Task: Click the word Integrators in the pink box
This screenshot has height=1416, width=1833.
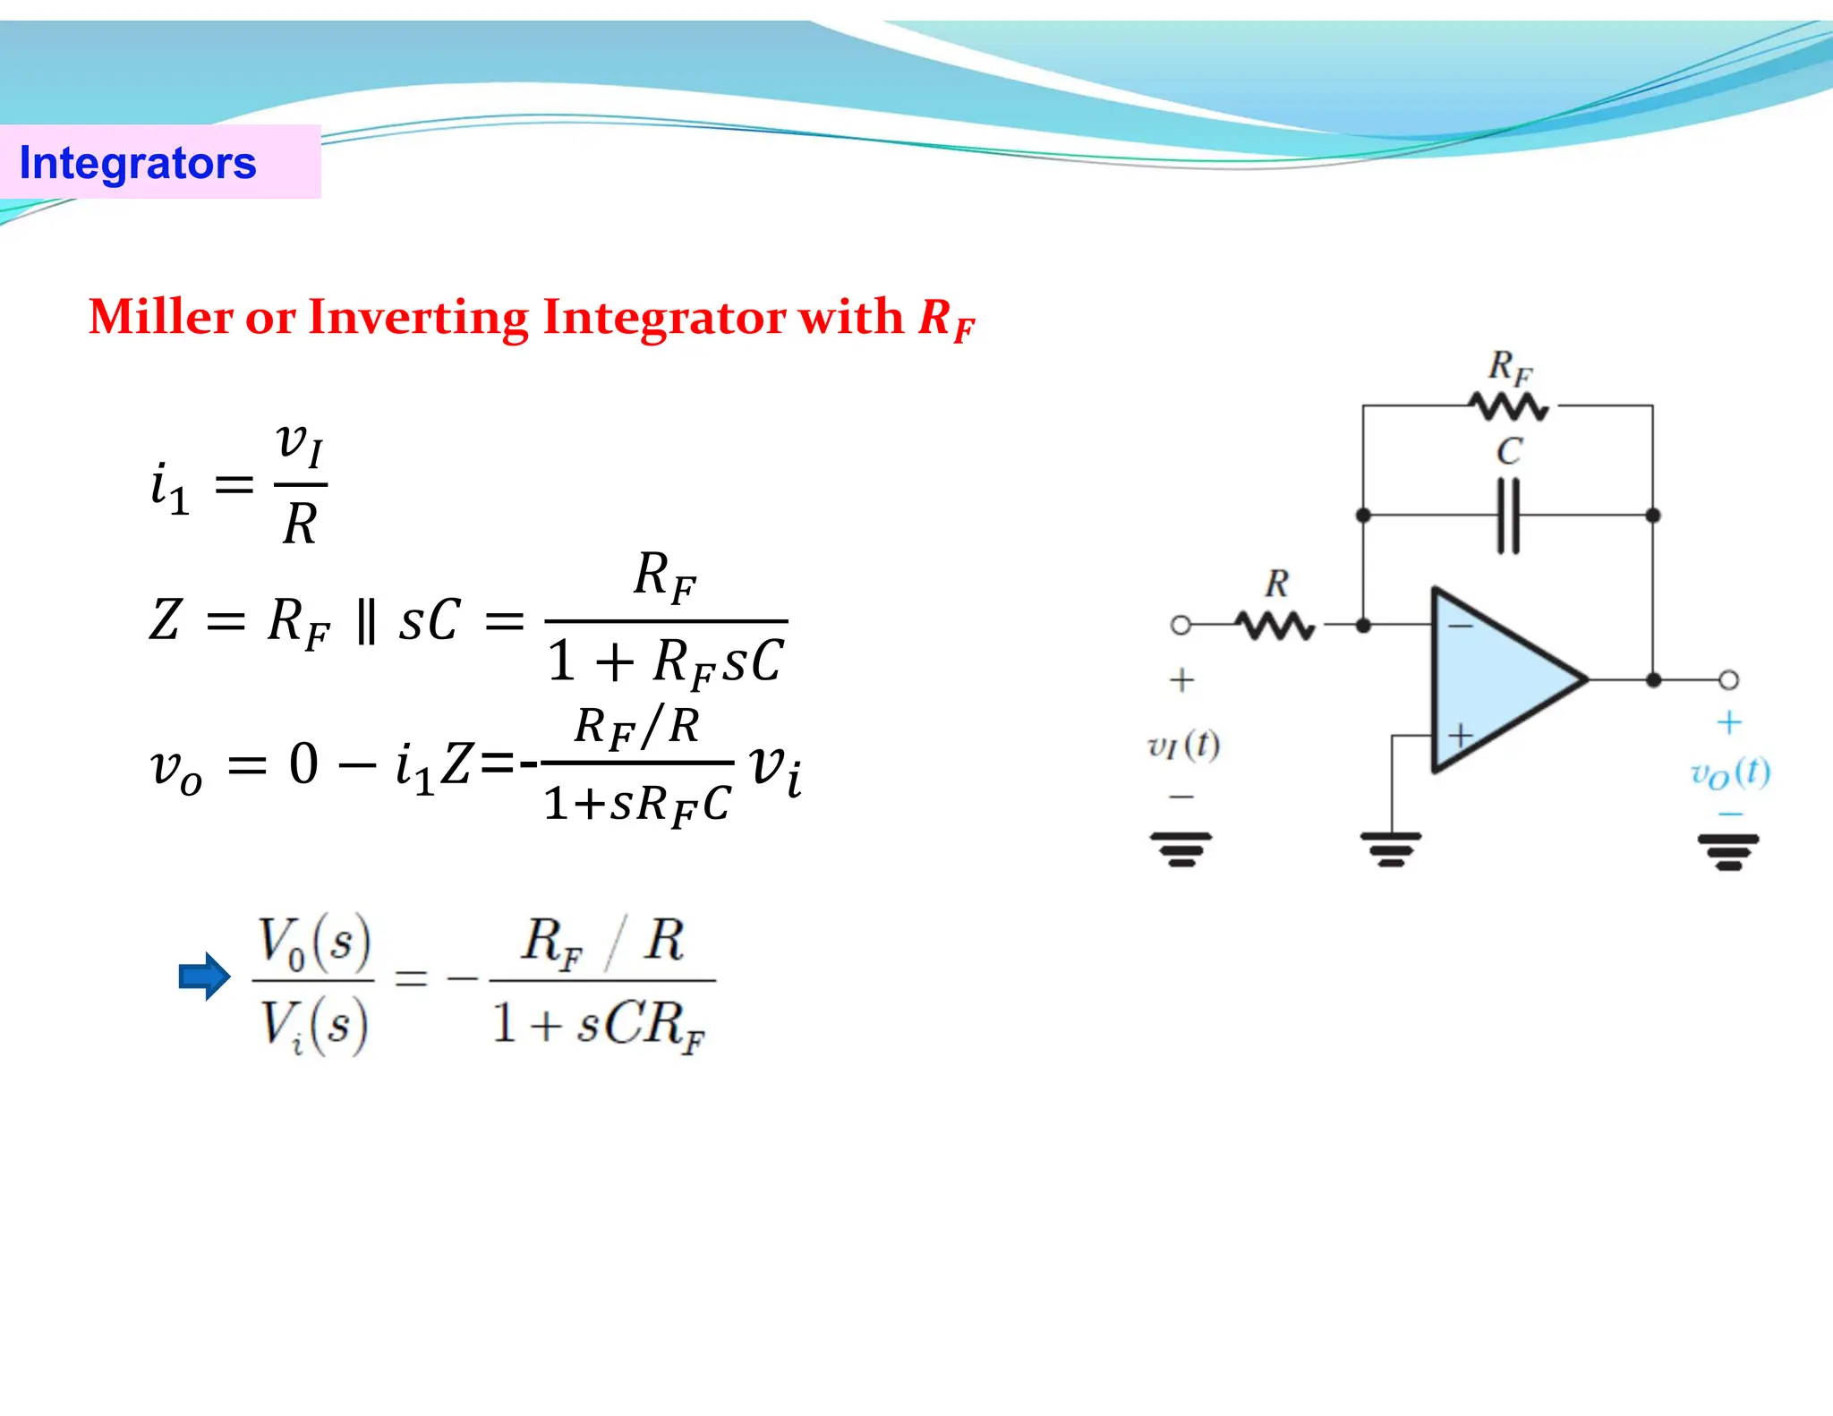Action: coord(138,163)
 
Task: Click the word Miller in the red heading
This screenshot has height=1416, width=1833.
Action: coord(160,317)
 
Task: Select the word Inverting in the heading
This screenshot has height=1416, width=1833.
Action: coord(418,317)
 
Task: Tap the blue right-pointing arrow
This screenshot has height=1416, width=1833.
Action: coord(205,976)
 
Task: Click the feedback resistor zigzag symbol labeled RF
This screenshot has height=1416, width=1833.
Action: coord(1509,407)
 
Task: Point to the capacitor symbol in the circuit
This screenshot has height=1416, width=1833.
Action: coord(1508,516)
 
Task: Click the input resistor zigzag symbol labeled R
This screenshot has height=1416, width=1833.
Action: coord(1275,626)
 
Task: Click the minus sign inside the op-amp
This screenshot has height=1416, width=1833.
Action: coord(1460,626)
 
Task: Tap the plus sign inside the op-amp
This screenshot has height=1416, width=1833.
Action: coord(1461,736)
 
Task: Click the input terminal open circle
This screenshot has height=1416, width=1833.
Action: coord(1181,625)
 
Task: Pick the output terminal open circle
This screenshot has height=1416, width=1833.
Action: coord(1728,680)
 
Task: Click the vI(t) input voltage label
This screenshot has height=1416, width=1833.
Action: coord(1183,745)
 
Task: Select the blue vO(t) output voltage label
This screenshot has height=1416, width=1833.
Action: coord(1729,773)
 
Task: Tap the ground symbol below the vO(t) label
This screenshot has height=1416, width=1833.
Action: coord(1728,851)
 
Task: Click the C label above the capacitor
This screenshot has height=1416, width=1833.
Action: coord(1508,451)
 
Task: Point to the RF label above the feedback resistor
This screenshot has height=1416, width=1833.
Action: coord(1510,367)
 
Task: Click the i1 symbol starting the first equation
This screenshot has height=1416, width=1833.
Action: coord(169,488)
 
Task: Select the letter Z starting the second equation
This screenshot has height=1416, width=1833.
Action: coord(166,619)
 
